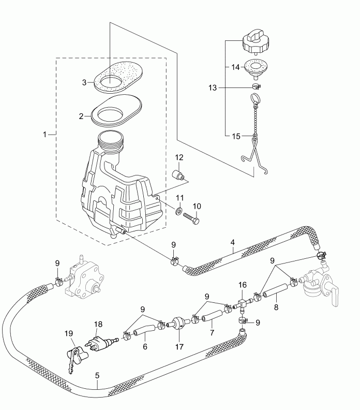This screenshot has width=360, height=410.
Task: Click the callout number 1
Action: (x=45, y=134)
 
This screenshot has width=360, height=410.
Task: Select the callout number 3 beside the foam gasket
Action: (x=84, y=82)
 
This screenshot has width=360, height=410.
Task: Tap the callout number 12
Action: (x=179, y=157)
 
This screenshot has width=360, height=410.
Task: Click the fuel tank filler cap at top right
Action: (x=254, y=42)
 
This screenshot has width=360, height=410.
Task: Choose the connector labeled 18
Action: (x=98, y=343)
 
